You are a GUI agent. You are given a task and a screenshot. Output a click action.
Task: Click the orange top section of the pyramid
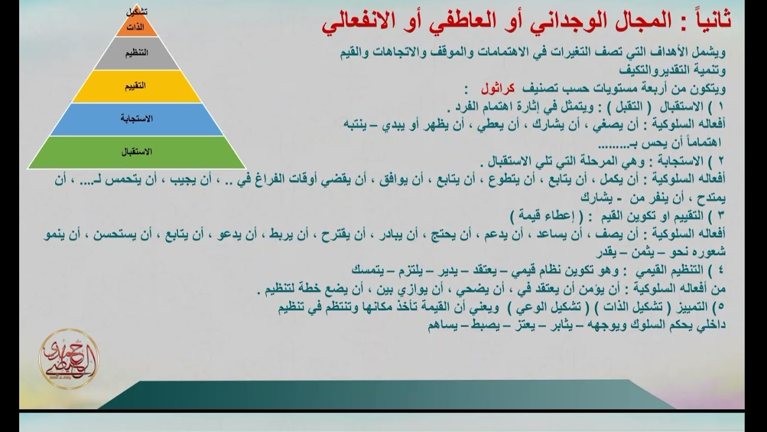click(x=137, y=27)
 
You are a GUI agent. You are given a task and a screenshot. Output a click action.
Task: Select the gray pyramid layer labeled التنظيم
click(x=137, y=53)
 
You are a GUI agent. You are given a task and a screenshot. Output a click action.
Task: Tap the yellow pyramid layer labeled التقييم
click(x=137, y=86)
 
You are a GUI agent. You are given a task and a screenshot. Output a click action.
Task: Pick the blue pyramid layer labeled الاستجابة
click(x=137, y=119)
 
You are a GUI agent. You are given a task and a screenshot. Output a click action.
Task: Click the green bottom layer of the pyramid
click(x=137, y=152)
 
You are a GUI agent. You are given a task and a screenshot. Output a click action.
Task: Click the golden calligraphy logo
click(x=69, y=359)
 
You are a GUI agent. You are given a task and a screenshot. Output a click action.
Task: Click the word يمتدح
click(x=723, y=196)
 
